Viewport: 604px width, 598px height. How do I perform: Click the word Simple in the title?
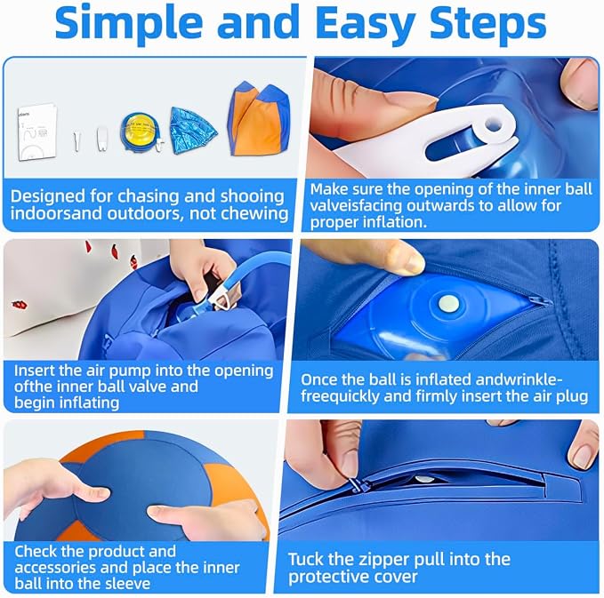click(x=129, y=23)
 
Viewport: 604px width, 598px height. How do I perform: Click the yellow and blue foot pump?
click(x=141, y=132)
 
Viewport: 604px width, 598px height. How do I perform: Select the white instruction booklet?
click(x=37, y=132)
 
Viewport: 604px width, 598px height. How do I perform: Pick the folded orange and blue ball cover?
click(x=259, y=118)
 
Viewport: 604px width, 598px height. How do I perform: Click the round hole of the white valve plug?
click(x=495, y=125)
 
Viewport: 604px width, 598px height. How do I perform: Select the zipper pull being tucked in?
click(x=358, y=484)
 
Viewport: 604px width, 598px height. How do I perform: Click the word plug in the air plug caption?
click(x=572, y=396)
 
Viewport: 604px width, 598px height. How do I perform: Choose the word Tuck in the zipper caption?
click(x=306, y=559)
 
